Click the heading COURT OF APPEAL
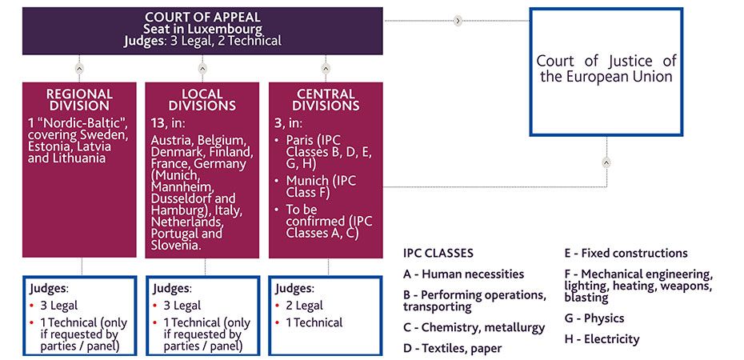click(x=203, y=17)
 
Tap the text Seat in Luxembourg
click(x=203, y=29)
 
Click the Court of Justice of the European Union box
click(x=606, y=70)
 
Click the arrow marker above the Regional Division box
click(x=78, y=68)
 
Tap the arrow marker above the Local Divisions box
click(x=202, y=68)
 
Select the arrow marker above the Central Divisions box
click(x=326, y=68)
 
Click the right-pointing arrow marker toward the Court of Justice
click(x=458, y=21)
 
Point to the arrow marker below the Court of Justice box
click(x=606, y=162)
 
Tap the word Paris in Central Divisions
click(x=301, y=141)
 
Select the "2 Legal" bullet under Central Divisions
click(x=303, y=305)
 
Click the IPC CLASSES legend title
click(x=438, y=254)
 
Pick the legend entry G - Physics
click(x=594, y=318)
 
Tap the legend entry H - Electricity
click(x=602, y=339)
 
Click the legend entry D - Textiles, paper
click(x=453, y=348)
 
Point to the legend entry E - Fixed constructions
click(x=626, y=254)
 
